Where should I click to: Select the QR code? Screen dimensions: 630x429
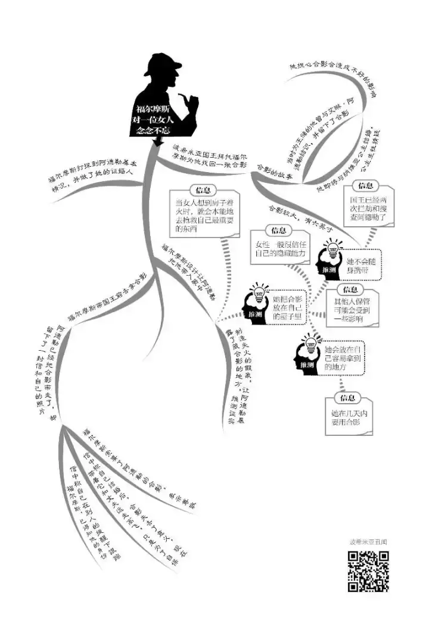[368, 571]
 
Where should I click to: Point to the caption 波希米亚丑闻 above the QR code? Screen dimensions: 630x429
[368, 542]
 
